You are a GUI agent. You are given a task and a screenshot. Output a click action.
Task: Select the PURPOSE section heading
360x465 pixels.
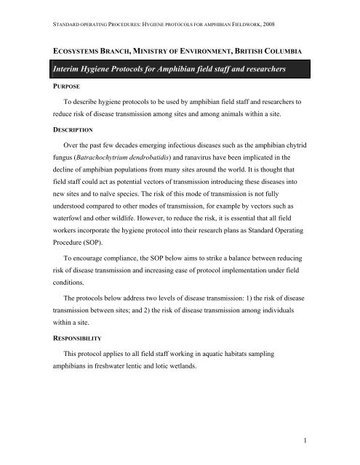point(65,93)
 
